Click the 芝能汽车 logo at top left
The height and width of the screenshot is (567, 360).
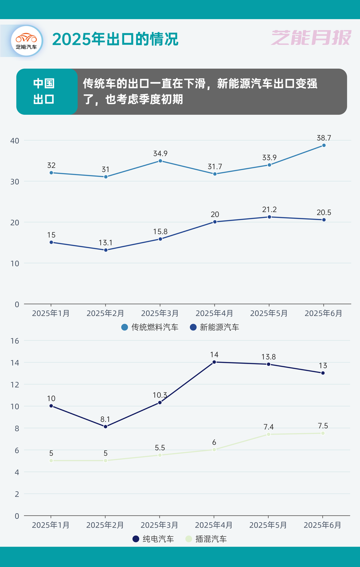pos(27,41)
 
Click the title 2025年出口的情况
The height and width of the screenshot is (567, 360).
pos(115,39)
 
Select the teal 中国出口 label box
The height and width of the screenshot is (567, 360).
pos(44,92)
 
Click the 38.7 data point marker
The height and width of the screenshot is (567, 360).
pos(324,145)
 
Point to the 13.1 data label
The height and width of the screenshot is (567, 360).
pos(106,242)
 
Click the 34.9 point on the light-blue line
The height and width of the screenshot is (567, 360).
pos(160,161)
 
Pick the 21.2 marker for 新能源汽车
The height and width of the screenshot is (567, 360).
pos(269,217)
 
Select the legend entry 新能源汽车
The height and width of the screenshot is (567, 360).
pos(215,327)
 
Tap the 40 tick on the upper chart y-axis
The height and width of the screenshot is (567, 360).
pos(15,140)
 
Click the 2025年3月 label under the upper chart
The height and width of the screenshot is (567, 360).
pos(160,313)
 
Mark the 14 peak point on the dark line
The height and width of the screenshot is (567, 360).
pos(214,362)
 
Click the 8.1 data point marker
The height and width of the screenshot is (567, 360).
pos(106,427)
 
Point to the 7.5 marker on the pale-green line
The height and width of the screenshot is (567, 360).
pos(323,433)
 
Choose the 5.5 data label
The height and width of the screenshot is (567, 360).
pos(160,447)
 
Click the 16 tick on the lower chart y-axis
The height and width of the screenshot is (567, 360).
pos(15,341)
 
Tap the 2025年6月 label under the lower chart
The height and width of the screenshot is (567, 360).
pos(323,525)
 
